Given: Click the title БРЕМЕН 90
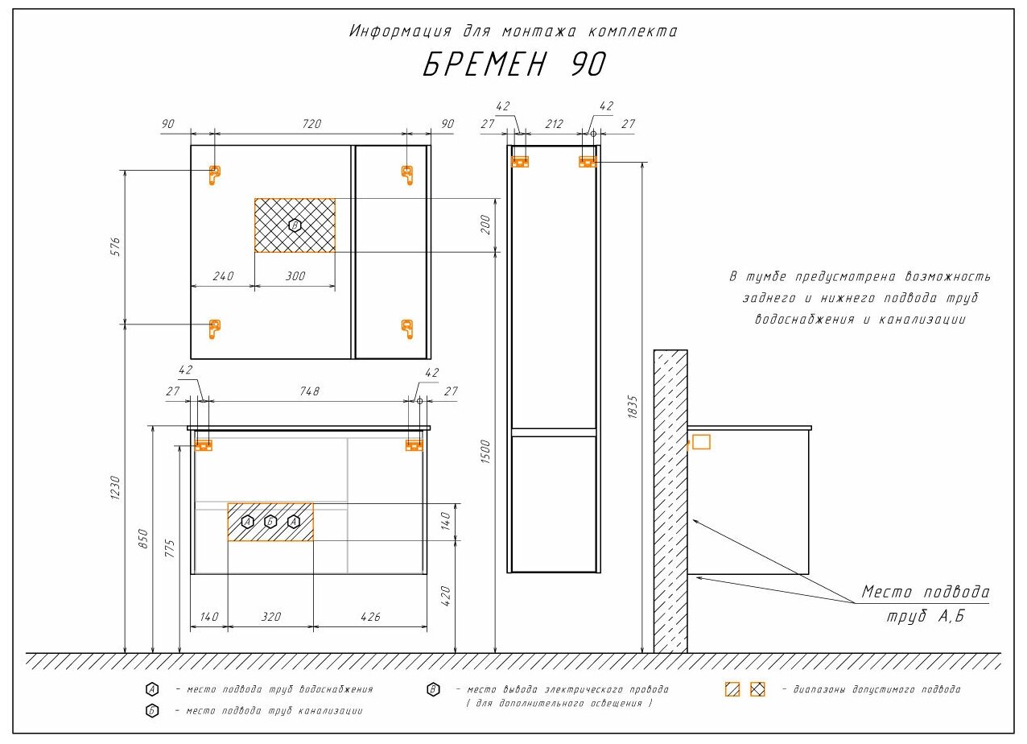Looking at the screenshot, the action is tap(514, 64).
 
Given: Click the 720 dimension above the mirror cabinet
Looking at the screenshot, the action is tap(311, 124).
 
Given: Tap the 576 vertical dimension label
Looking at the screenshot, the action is tap(116, 246).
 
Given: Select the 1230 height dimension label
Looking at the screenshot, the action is tap(116, 488).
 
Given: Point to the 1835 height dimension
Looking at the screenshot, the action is tap(633, 407).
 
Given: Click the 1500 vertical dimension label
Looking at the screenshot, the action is tap(485, 452).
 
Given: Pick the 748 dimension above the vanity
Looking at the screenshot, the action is tap(310, 391).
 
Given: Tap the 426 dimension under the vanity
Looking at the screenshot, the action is tap(370, 617).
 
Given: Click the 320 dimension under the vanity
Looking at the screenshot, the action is tap(271, 617).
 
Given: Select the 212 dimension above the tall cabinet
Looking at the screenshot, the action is tap(554, 124).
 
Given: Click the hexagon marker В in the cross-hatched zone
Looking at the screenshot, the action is tap(295, 225).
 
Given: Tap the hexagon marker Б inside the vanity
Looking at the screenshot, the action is tap(270, 522).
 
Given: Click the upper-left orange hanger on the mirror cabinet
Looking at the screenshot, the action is tap(214, 175).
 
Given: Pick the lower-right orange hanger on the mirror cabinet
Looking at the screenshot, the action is tap(407, 329).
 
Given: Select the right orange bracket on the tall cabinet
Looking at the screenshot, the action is tap(588, 162).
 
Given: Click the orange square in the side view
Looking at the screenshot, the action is tap(701, 442).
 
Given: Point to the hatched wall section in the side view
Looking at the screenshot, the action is tap(670, 502).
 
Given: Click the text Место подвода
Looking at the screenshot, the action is tap(926, 592).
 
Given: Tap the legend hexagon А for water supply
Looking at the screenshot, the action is tap(152, 689).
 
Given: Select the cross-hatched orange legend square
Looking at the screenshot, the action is tap(757, 689).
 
